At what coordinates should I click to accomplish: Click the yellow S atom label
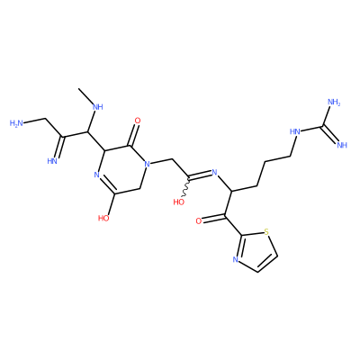(266, 232)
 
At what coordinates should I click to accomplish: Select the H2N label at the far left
(16, 123)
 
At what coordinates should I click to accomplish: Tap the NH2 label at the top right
(335, 102)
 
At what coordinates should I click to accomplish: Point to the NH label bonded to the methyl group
(97, 107)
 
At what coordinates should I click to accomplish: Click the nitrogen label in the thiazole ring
(235, 260)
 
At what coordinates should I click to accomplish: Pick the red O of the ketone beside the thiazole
(198, 221)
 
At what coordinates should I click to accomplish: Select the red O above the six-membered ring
(138, 121)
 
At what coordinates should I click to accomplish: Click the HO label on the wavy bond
(179, 202)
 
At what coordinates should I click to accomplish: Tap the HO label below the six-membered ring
(103, 218)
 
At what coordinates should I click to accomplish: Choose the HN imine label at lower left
(52, 161)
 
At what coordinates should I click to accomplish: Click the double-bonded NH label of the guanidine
(342, 145)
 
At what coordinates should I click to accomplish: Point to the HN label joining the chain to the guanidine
(295, 131)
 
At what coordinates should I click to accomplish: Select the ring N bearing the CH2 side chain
(147, 164)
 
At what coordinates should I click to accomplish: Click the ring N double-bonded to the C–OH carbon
(96, 175)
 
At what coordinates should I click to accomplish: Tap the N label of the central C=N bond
(214, 172)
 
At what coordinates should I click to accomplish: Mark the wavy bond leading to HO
(186, 188)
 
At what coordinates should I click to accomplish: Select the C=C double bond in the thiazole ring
(266, 263)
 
